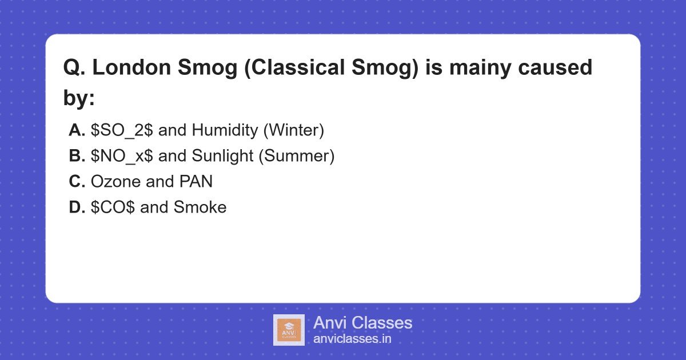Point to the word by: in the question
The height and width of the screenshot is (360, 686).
(x=79, y=98)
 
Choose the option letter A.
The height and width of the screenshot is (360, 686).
(x=77, y=130)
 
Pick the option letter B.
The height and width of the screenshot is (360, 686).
(x=77, y=156)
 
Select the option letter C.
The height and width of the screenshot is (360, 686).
(x=77, y=182)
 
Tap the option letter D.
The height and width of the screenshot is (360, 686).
(x=77, y=207)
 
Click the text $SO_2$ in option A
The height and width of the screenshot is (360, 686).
(x=122, y=130)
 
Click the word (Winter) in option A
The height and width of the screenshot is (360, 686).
(x=294, y=130)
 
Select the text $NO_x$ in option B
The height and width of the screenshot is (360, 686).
(x=122, y=156)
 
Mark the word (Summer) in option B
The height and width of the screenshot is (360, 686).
(x=297, y=156)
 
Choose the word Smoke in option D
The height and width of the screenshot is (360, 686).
(x=200, y=207)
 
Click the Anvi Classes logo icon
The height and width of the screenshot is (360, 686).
(x=289, y=330)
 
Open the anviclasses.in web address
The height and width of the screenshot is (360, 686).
(x=352, y=339)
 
